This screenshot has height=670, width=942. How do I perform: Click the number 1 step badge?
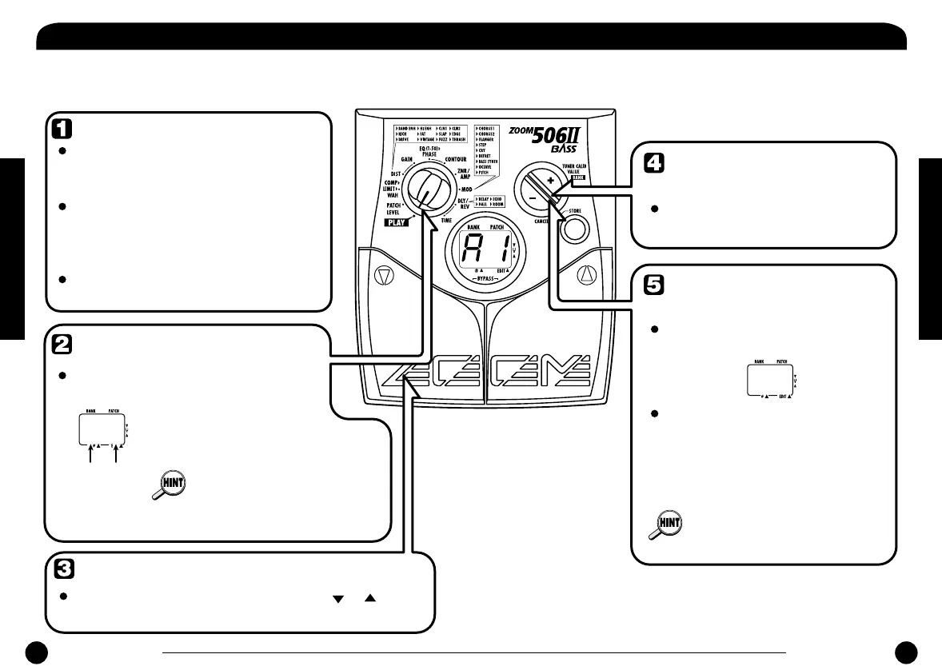coord(61,128)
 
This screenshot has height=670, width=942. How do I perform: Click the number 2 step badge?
coord(61,343)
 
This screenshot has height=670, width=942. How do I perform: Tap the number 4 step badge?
coord(653,162)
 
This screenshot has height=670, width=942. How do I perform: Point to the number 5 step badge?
coord(653,284)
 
